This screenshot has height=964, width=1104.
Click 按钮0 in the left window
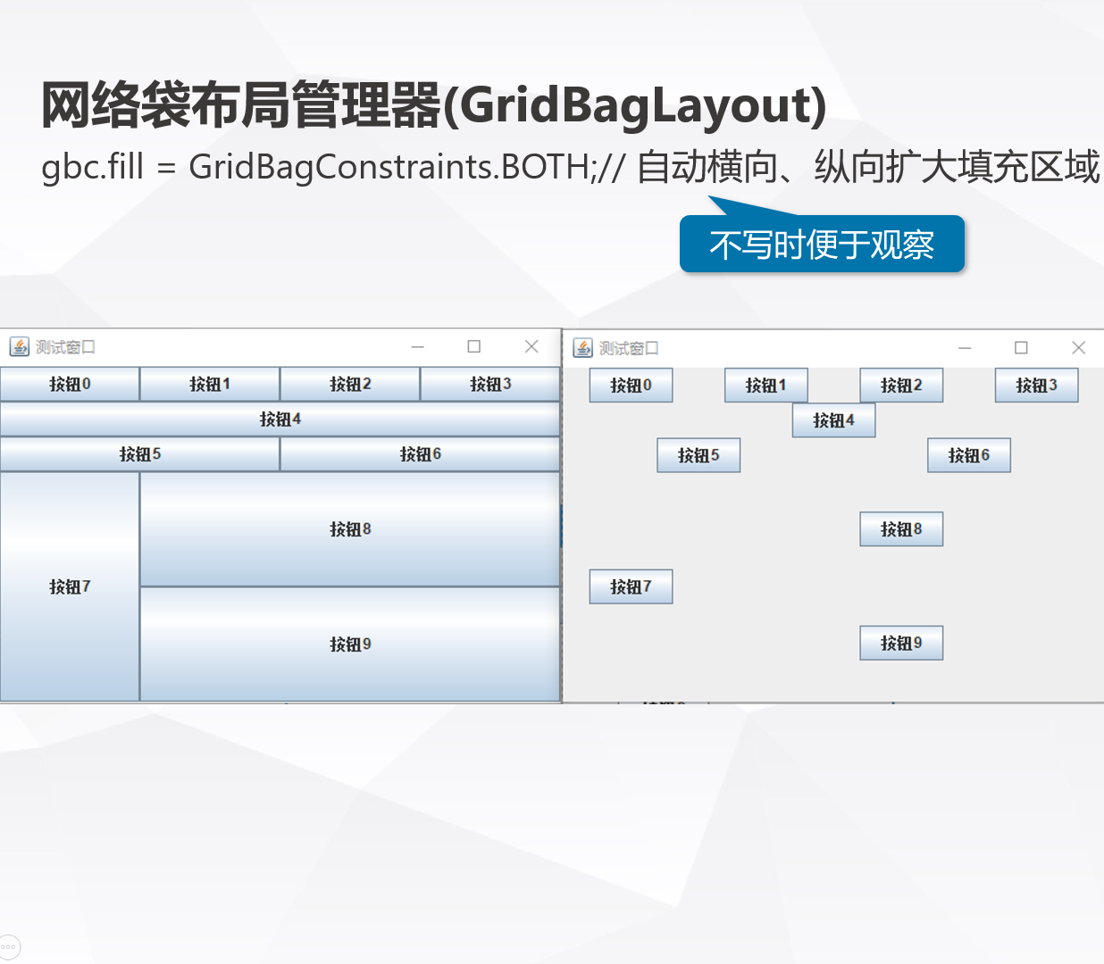[x=70, y=385]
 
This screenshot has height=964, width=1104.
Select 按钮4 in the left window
[x=280, y=420]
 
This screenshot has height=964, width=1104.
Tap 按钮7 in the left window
[x=70, y=586]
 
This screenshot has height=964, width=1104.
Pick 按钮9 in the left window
[x=350, y=644]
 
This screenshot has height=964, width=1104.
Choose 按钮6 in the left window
[x=420, y=454]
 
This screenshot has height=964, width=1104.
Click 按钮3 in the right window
[x=1036, y=386]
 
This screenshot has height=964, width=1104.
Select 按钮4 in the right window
[x=833, y=420]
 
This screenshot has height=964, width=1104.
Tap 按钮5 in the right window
[x=698, y=455]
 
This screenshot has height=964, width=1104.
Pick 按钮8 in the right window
[x=901, y=529]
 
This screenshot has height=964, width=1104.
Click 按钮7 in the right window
[x=631, y=586]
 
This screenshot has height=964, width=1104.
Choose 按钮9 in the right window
[x=901, y=644]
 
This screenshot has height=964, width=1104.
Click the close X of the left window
[x=531, y=346]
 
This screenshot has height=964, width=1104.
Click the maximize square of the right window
[x=1021, y=347]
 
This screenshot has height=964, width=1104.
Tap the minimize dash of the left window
[x=417, y=346]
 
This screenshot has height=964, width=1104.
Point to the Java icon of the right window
[x=583, y=347]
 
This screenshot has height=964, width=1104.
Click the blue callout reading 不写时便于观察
[x=822, y=245]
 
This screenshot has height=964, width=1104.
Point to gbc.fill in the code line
[x=92, y=167]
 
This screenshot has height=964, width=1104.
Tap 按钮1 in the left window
[x=210, y=385]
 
